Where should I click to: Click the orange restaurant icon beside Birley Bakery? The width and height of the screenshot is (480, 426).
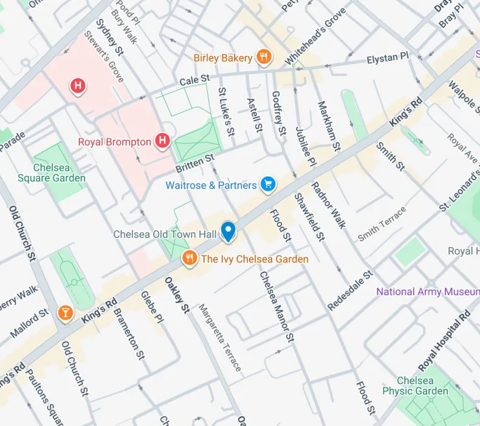coord(264,58)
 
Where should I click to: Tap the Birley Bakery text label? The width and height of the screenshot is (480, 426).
coord(223,58)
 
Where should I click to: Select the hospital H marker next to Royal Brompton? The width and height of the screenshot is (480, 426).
coord(162,142)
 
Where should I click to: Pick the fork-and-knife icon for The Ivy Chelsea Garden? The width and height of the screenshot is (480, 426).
coord(190,259)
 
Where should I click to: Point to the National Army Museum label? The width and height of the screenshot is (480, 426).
coord(428,292)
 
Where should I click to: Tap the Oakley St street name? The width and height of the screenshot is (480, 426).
coord(176,296)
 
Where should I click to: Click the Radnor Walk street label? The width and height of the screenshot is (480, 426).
coord(328,206)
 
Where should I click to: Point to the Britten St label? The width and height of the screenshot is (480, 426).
coord(196,161)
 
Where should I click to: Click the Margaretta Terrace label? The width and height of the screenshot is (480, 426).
coord(219,338)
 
